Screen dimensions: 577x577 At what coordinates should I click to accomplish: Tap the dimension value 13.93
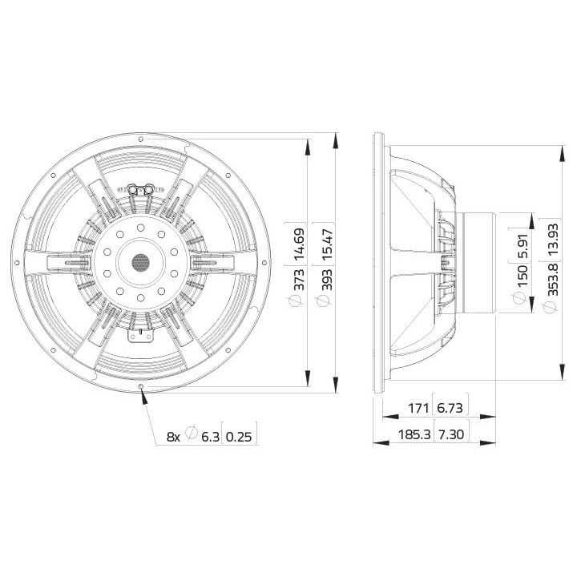551,239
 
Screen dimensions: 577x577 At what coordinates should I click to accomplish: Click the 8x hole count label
172,436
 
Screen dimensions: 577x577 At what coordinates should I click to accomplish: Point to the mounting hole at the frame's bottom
141,387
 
